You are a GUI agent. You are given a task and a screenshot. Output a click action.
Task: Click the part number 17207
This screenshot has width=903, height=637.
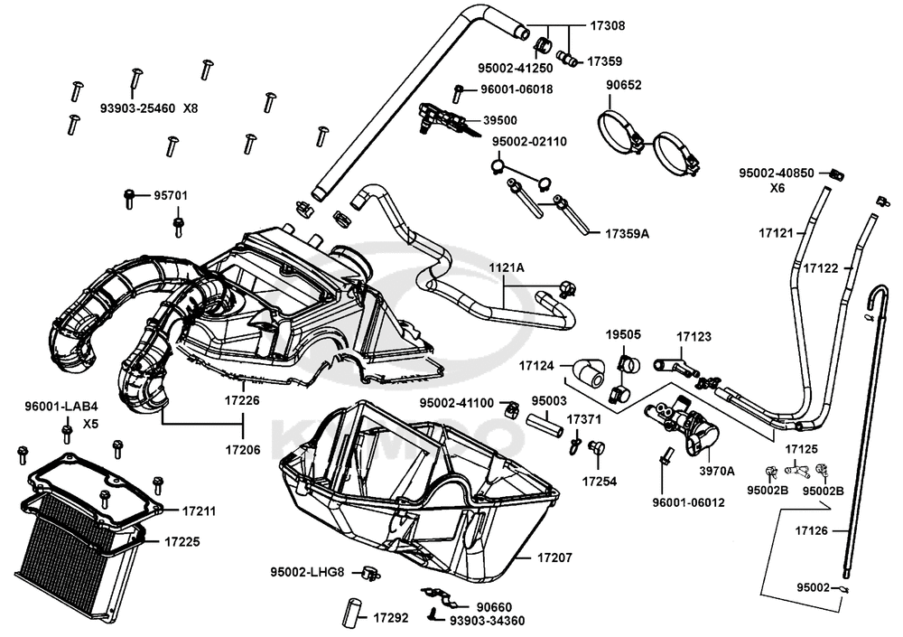pos(554,558)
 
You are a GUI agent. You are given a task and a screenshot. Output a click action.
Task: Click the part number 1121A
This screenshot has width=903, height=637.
pos(507,268)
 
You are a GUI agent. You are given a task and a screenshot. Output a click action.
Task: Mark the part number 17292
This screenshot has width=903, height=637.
pos(391,619)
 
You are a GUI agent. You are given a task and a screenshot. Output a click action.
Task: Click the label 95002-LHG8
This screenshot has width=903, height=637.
pos(307,571)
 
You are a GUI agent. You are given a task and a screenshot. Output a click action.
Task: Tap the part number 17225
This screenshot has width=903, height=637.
pos(182,542)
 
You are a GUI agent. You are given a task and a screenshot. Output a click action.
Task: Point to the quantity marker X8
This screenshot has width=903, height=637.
pos(191,108)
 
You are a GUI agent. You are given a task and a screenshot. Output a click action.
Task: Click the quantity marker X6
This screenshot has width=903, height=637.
pos(777,190)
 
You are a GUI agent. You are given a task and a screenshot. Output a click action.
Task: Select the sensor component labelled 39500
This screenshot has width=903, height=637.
pos(440,118)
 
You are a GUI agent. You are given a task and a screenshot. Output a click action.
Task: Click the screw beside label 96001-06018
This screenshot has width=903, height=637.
pos(459,90)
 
